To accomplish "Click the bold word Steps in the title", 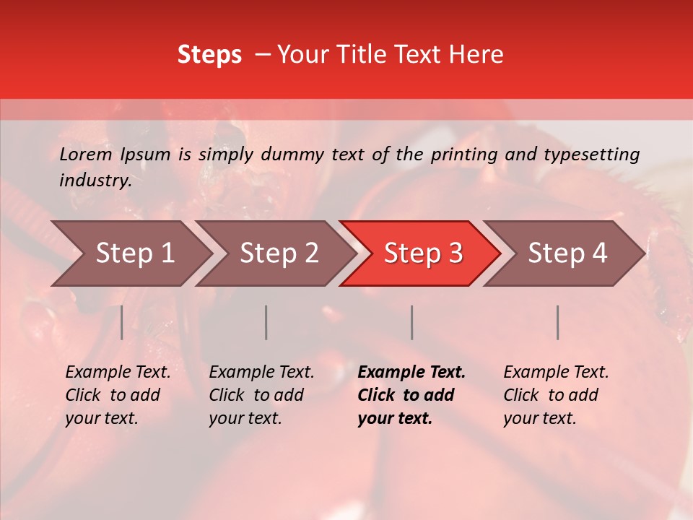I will coord(209,55).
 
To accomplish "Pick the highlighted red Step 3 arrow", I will coord(423,253).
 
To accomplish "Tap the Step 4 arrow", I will coord(567,253).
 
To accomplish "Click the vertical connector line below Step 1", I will coord(122,322).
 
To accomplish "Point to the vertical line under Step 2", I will coord(266,322).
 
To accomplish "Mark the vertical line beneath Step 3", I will coord(411,322).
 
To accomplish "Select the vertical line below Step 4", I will coord(557,322).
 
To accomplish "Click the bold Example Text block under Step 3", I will coord(411,395).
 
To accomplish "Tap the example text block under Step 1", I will coord(118,395).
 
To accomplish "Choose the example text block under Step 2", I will coord(261,395).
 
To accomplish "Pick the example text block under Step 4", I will coord(556,395).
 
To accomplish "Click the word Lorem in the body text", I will coord(85,155).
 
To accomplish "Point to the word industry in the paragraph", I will coord(95,181).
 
